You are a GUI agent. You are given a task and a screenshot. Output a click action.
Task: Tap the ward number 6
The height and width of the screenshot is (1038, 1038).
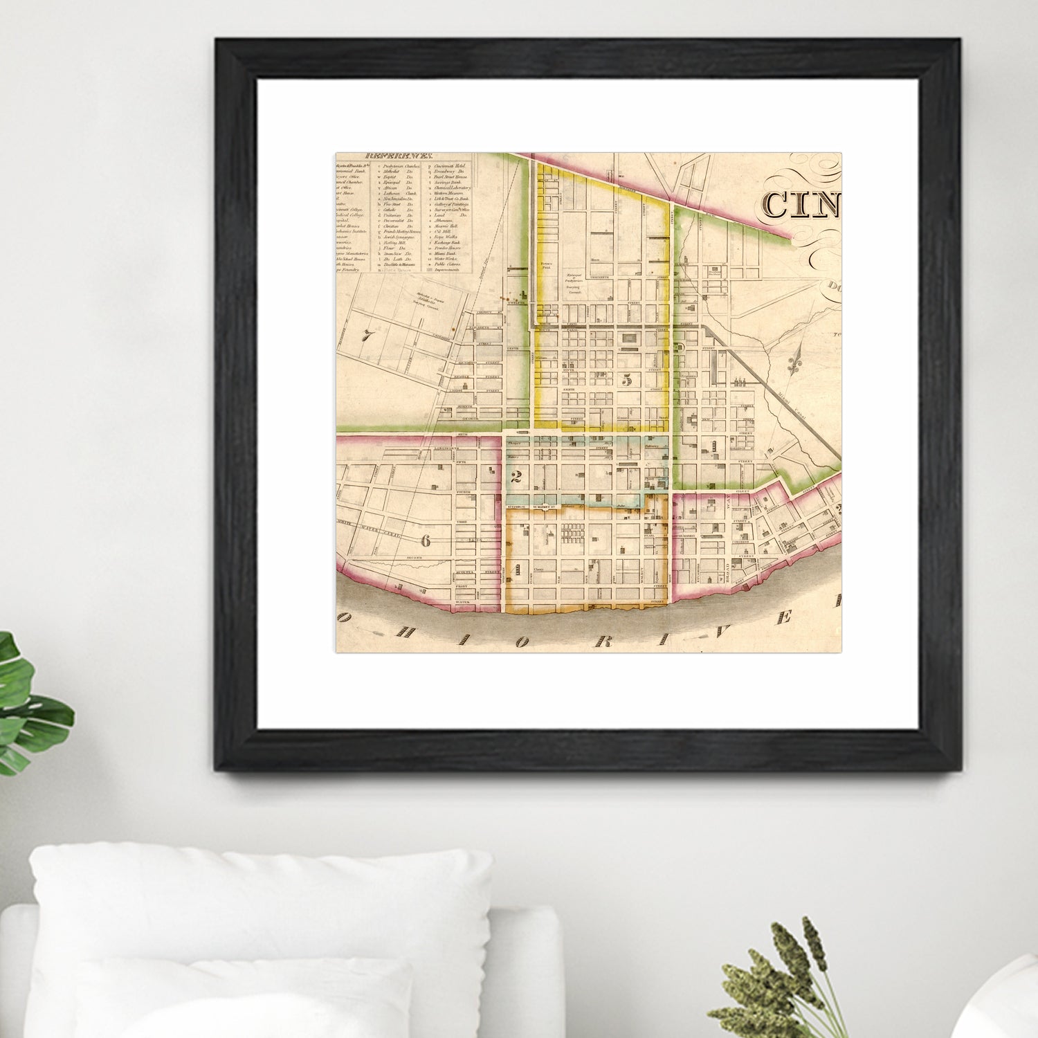[426, 540]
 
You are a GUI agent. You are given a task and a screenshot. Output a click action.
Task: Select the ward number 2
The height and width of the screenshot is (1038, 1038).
[515, 476]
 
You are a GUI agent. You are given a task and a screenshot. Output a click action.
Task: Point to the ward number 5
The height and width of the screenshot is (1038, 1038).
[628, 380]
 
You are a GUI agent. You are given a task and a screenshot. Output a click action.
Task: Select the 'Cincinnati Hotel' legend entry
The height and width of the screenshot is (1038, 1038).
[453, 167]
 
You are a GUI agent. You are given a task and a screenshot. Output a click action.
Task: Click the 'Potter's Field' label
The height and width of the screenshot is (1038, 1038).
[549, 265]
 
